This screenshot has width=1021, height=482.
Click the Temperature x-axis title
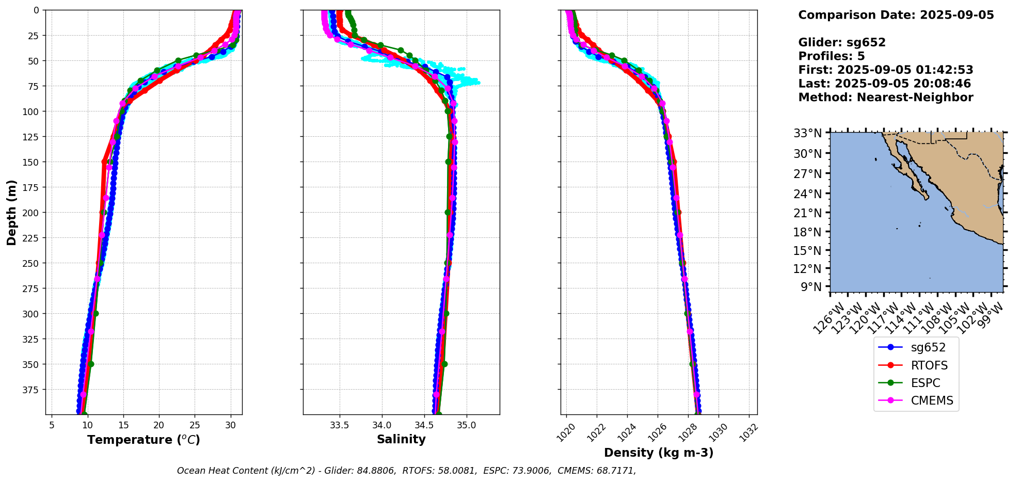143,440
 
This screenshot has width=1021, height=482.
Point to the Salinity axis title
401,439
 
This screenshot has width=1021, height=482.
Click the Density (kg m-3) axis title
659,453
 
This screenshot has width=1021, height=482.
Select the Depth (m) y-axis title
12,212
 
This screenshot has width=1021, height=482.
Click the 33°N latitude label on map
807,134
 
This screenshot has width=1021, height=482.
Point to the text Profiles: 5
831,56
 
